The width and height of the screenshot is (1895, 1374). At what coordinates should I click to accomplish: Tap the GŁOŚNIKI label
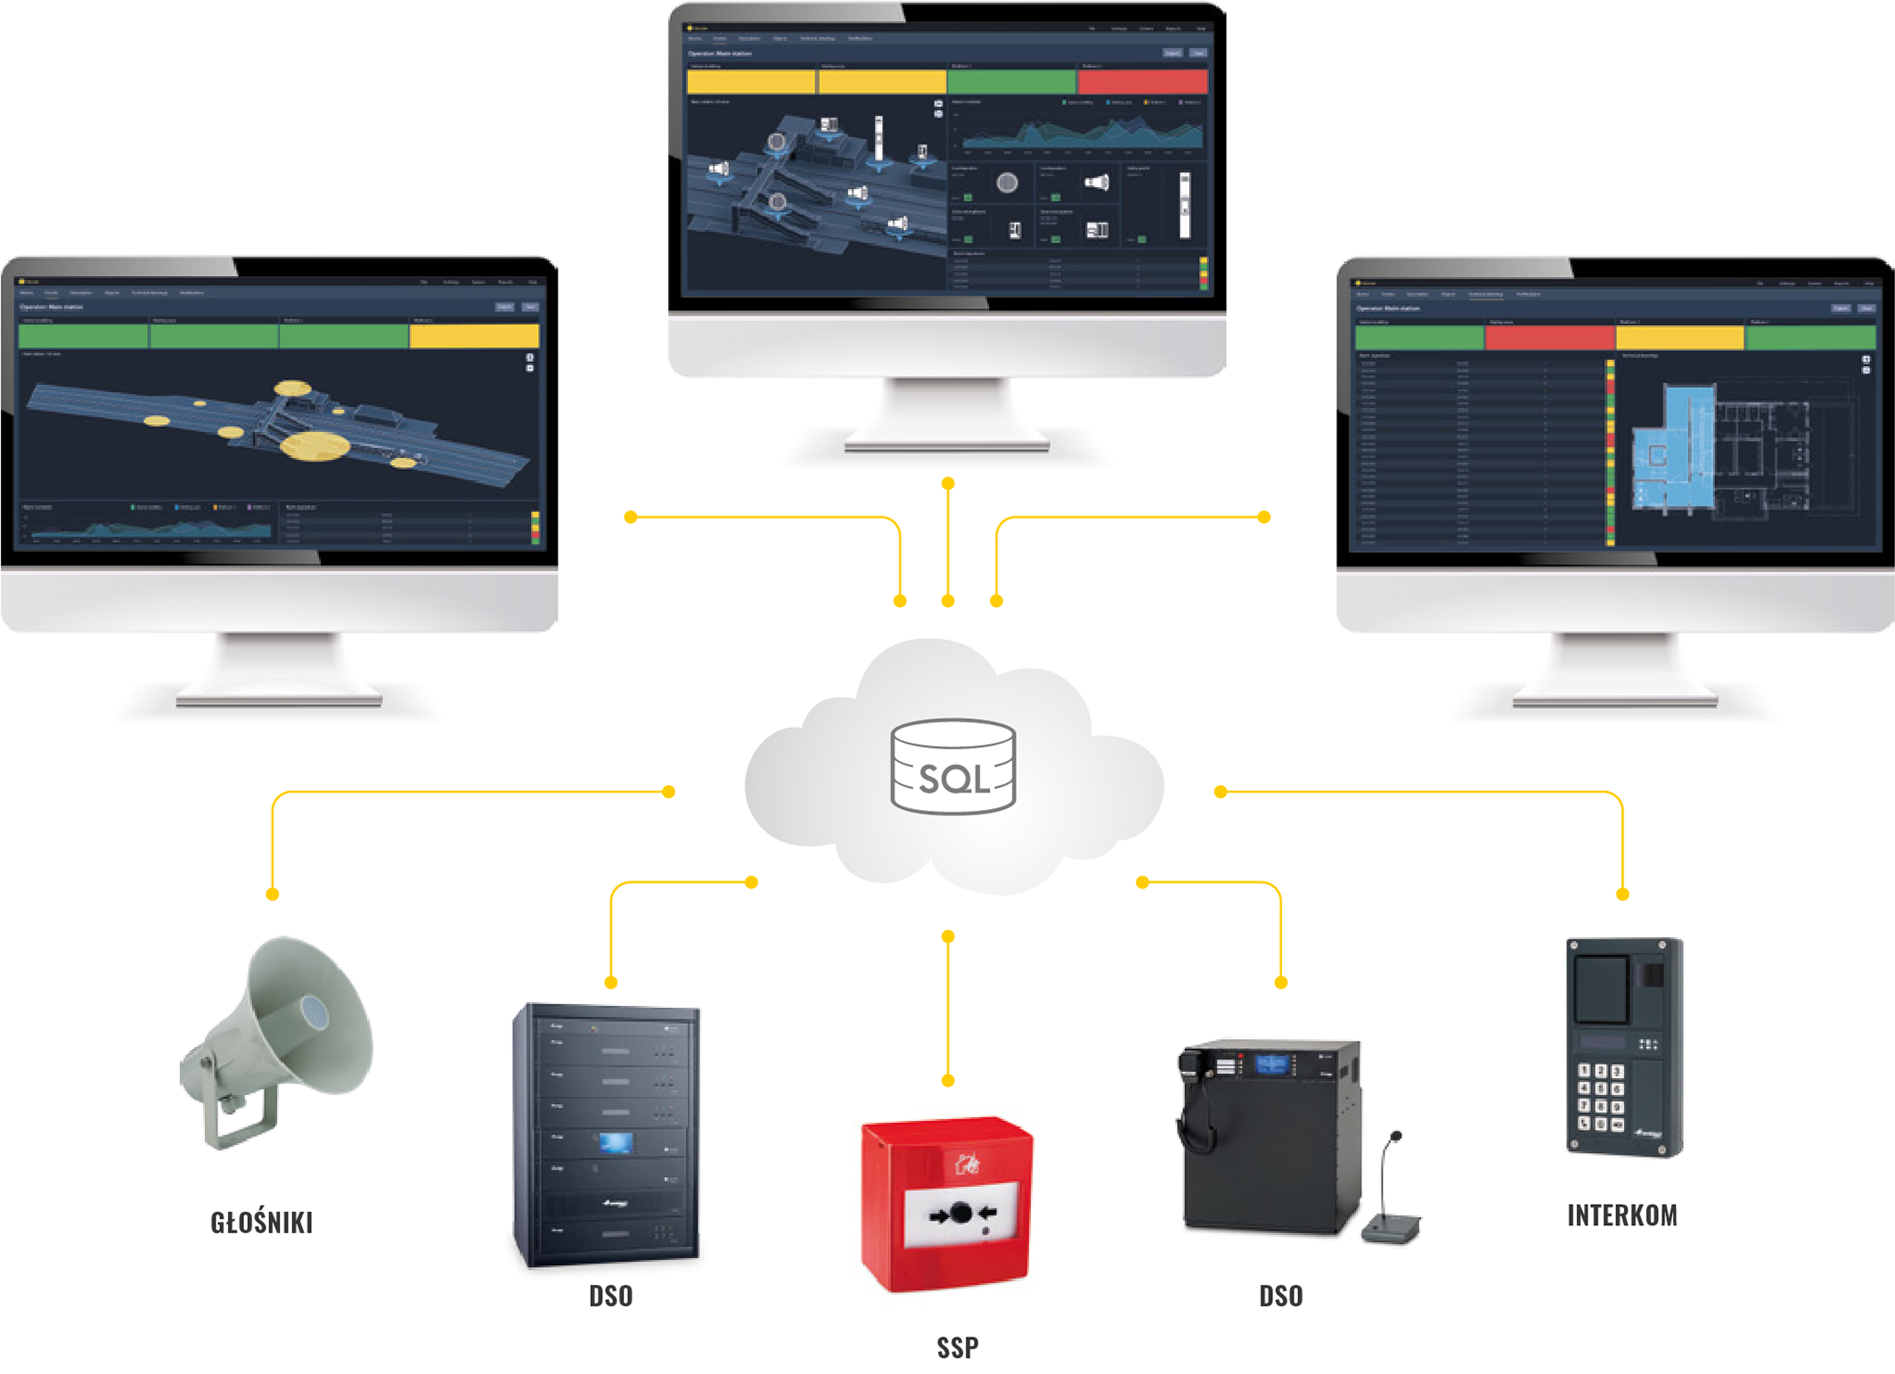261,1223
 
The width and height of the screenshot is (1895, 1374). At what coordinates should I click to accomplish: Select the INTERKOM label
1621,1215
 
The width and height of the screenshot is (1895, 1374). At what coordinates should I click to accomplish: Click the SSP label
957,1347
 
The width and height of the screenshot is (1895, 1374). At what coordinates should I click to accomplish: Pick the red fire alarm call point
946,1203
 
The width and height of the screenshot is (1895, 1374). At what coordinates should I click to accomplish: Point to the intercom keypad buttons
1600,1097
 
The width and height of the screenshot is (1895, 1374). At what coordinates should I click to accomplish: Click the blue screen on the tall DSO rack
616,1142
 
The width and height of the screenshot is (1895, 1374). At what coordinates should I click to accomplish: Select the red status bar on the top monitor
1142,82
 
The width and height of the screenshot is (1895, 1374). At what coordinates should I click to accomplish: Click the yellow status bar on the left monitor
474,336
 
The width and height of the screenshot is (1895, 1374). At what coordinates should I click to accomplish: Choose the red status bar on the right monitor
1549,338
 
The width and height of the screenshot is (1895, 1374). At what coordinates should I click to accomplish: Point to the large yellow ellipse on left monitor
314,446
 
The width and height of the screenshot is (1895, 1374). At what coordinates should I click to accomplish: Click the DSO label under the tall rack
610,1296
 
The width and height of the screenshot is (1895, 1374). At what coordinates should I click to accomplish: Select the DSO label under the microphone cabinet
1280,1296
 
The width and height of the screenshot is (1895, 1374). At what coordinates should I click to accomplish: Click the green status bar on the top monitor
1010,82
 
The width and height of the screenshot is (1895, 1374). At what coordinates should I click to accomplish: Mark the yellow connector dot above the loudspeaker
273,894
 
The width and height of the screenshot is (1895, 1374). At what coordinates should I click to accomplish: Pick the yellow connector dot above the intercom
1622,894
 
